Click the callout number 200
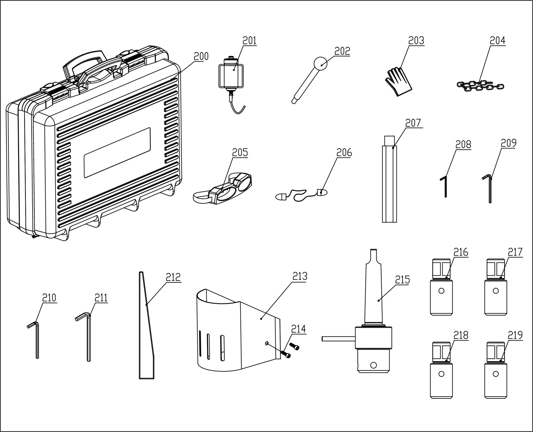[201, 56]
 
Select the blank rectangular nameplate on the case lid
[117, 152]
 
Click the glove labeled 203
[398, 82]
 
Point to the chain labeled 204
[480, 86]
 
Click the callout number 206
[344, 153]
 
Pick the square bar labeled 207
[389, 181]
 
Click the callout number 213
[300, 276]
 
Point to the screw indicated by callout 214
[287, 354]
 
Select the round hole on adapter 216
[441, 291]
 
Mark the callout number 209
[509, 143]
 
